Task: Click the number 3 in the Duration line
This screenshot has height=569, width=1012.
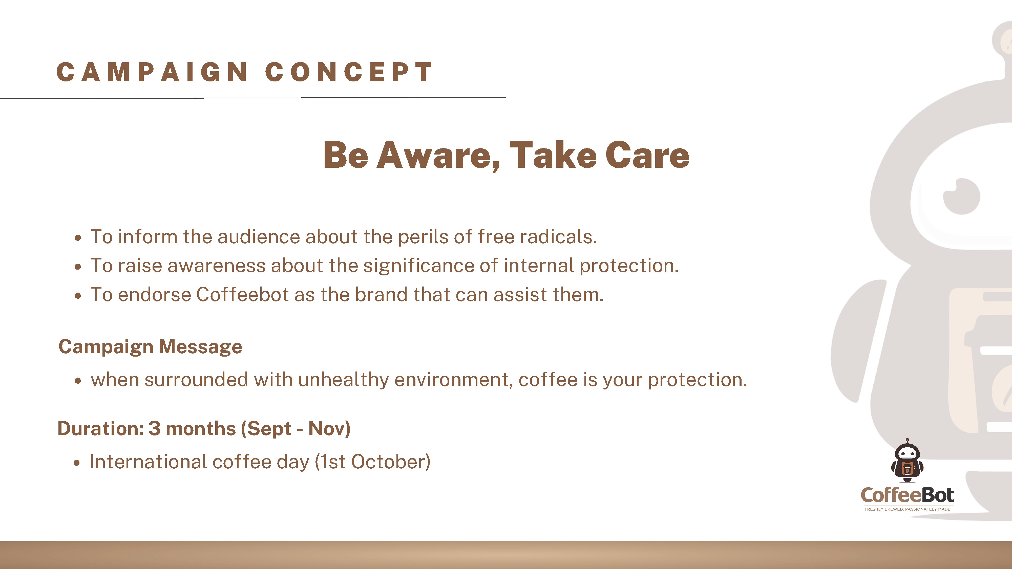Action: pos(154,428)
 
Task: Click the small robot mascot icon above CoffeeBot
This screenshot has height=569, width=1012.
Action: pos(907,460)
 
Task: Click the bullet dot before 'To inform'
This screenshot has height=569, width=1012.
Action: pos(78,237)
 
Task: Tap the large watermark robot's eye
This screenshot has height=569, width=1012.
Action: pos(962,196)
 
